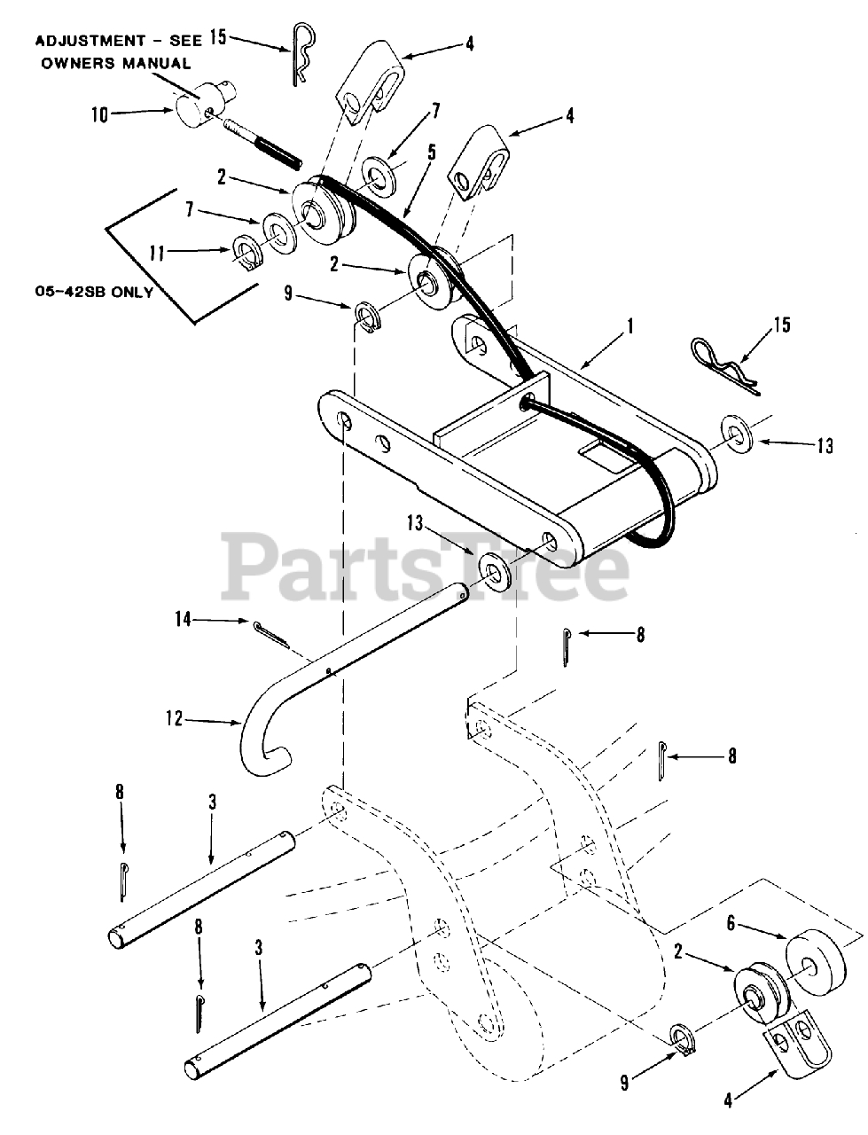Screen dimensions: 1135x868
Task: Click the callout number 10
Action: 101,113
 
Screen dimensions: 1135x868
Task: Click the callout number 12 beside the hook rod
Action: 174,719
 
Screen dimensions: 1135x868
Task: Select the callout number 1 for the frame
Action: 630,326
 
